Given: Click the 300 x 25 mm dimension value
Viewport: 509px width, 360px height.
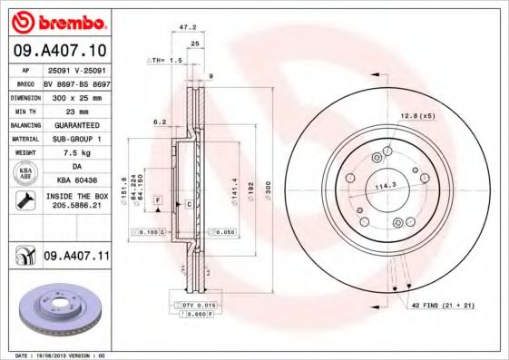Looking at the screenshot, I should tap(76, 96).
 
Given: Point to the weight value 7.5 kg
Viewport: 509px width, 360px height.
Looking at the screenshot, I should tap(76, 153).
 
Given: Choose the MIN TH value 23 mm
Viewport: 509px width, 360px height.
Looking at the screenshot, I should tap(76, 110).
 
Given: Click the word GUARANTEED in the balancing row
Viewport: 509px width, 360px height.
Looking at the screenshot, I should tap(76, 124).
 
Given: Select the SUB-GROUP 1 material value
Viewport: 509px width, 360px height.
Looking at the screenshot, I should tap(76, 139).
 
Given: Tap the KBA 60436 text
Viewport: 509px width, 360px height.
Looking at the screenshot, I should tap(76, 181).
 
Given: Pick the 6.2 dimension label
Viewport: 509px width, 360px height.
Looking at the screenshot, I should tap(160, 121).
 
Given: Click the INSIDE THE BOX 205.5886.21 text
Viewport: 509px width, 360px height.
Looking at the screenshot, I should tap(76, 200).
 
